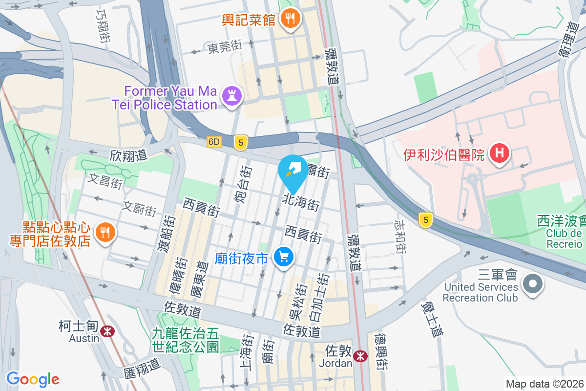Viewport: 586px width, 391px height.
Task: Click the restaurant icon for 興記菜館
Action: tap(291, 20)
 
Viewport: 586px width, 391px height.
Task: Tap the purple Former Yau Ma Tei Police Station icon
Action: tap(232, 96)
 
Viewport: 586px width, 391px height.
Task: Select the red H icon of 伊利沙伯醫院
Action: tap(499, 153)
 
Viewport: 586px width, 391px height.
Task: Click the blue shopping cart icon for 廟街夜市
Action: tap(284, 256)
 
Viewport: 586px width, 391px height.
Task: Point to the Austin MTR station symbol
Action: tap(107, 332)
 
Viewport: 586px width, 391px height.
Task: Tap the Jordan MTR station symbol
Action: tap(361, 356)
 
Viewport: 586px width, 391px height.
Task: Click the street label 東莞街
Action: tap(225, 47)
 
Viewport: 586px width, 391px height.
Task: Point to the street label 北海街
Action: tap(301, 203)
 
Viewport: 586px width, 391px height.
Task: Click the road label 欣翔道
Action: tap(128, 156)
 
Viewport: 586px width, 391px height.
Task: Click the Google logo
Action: tap(33, 379)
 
